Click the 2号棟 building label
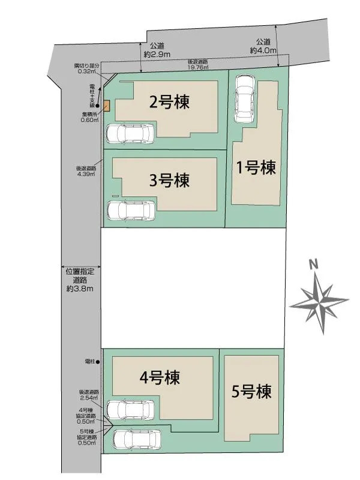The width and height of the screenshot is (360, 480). [x=170, y=102]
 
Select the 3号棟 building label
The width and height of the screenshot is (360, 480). [x=170, y=179]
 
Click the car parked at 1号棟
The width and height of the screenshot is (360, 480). [x=245, y=96]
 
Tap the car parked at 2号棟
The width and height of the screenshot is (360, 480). [x=130, y=133]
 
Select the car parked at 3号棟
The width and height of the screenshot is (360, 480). [x=130, y=210]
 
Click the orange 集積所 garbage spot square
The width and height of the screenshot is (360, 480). [x=107, y=106]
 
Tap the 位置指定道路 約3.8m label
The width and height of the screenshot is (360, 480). [x=80, y=280]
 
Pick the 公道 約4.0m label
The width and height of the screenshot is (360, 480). [x=263, y=46]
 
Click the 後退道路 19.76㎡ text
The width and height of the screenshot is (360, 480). [x=198, y=65]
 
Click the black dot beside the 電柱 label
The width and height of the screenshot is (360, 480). [x=98, y=362]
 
